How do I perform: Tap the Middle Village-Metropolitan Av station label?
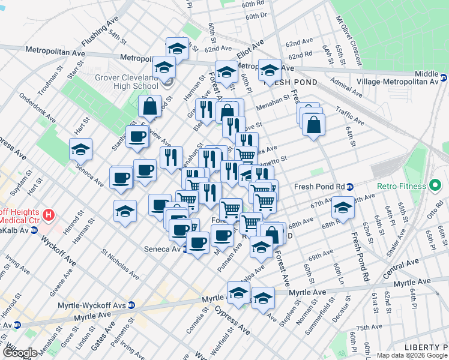coord(410,77)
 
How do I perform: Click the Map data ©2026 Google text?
coord(411,355)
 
